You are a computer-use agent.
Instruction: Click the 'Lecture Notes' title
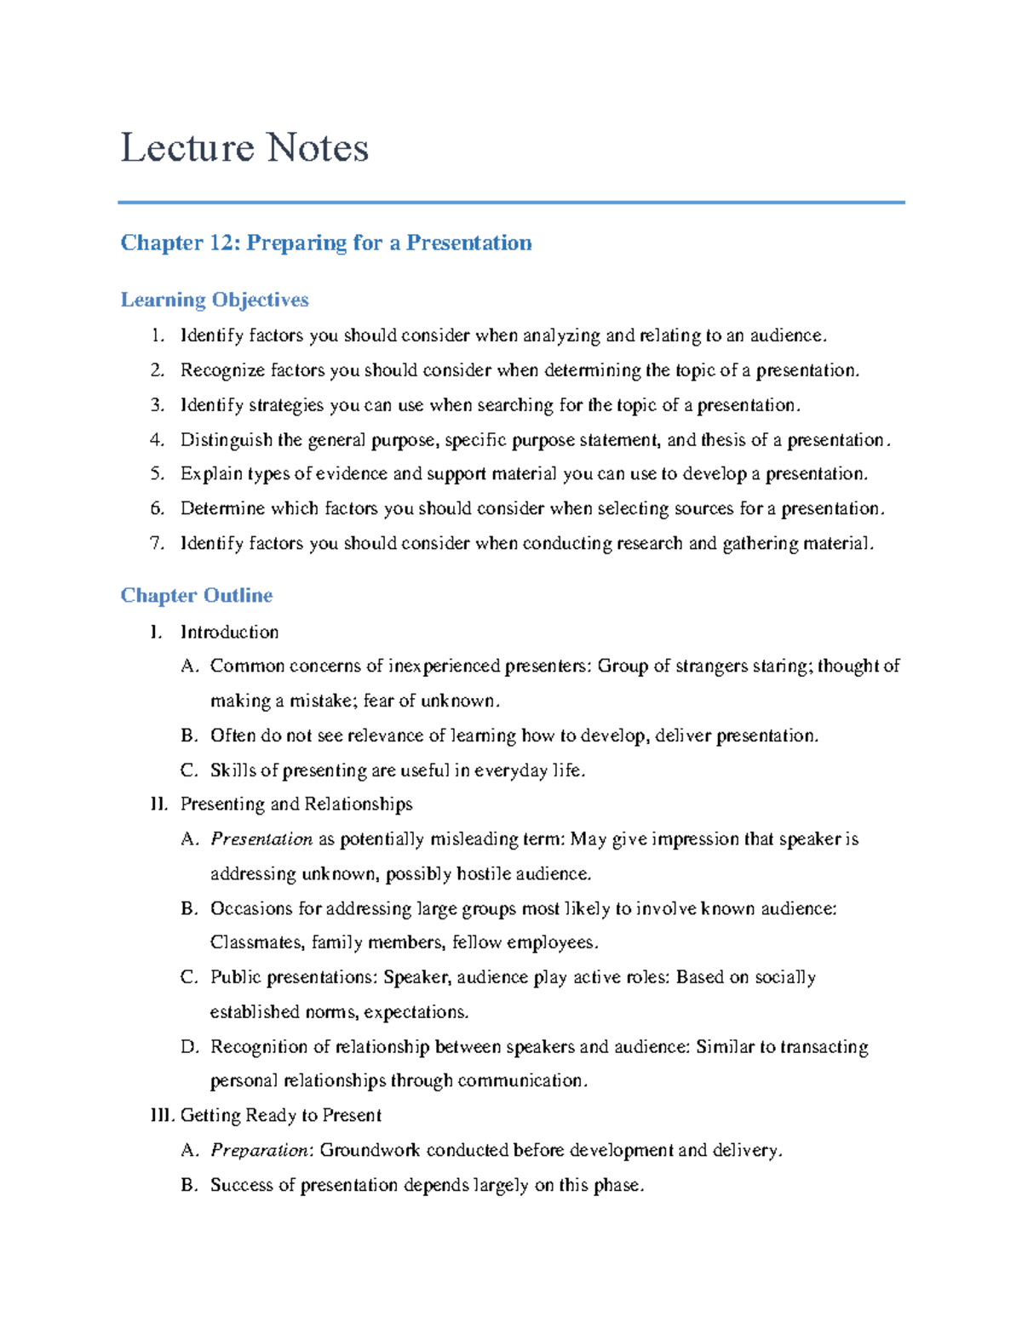pos(244,148)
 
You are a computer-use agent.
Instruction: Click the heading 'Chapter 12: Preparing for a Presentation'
pos(325,243)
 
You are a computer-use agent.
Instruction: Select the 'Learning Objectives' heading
pos(214,300)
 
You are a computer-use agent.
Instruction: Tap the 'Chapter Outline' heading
pos(196,595)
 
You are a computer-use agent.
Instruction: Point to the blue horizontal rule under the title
pos(511,203)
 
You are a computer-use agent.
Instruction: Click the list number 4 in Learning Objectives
pos(156,440)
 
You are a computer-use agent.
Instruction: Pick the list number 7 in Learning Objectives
pos(156,543)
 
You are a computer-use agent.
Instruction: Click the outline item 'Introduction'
pos(229,632)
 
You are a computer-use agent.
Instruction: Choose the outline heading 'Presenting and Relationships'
pos(296,804)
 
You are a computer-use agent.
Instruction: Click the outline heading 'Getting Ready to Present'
pos(280,1115)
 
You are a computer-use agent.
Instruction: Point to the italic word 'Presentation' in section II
pos(261,839)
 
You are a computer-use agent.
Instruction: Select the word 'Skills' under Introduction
pos(233,770)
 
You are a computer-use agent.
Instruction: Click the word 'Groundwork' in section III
pos(370,1150)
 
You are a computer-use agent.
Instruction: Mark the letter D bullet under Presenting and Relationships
pos(189,1047)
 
